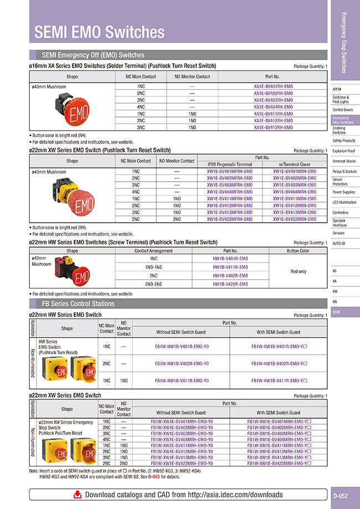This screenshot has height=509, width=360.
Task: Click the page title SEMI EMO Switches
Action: point(100,32)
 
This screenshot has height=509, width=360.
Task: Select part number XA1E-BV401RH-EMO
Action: point(273,87)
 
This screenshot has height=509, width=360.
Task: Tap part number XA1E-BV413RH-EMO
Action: point(273,127)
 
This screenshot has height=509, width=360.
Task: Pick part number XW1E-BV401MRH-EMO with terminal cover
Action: point(295,172)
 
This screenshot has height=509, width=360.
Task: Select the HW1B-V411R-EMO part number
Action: point(230,267)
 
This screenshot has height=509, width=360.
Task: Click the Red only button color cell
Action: point(298,271)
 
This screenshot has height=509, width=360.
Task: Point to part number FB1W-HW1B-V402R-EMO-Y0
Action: point(181,363)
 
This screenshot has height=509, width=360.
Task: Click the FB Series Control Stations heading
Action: point(78,304)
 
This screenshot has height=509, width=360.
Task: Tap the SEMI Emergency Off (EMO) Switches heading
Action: point(93,55)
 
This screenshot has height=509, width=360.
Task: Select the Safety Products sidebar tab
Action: point(344,141)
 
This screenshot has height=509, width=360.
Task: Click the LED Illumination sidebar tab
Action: point(344,202)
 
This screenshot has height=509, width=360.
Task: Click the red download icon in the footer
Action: point(78,494)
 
